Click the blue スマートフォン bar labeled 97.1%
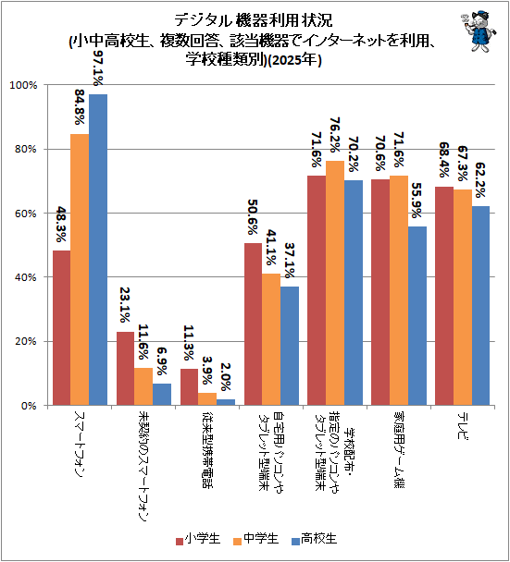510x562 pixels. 98,250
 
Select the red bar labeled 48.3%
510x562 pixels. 62,328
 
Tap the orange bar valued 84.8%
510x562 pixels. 80,270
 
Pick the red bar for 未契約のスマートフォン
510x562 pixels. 125,369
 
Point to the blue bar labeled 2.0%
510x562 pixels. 226,402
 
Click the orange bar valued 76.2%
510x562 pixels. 335,283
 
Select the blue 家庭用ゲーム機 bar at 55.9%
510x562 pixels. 417,316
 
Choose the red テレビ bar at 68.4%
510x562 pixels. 444,296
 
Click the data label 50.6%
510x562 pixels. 253,217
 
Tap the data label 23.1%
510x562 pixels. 125,305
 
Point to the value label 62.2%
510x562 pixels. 480,180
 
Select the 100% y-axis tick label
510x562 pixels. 23,85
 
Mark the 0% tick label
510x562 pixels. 29,406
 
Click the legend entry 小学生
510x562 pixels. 198,539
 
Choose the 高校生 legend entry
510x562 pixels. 315,539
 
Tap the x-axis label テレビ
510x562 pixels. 463,426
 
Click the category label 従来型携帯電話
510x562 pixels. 207,450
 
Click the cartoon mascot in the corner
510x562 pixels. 478,31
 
